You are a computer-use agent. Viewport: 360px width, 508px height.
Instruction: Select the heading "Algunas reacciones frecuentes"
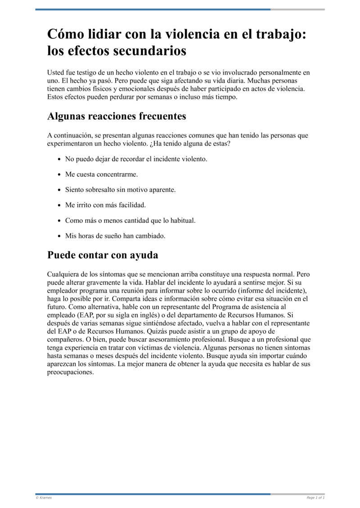click(117, 116)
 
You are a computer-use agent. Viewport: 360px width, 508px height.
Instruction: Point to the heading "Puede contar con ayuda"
click(103, 255)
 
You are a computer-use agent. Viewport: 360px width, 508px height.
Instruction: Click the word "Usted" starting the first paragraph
click(56, 72)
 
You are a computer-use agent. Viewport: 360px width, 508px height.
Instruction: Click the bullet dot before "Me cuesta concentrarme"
click(60, 174)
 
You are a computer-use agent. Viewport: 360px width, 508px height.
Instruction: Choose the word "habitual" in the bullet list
click(181, 220)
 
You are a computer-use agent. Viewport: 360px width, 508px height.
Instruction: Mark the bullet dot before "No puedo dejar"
click(60, 159)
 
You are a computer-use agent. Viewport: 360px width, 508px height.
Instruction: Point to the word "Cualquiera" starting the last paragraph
click(63, 274)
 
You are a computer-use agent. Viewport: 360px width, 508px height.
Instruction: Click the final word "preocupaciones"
click(70, 372)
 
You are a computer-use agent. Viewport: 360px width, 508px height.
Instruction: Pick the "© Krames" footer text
click(44, 498)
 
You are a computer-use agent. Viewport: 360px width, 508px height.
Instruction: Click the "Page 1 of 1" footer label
click(315, 498)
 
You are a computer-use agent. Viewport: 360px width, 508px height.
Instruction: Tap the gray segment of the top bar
click(297, 9)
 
